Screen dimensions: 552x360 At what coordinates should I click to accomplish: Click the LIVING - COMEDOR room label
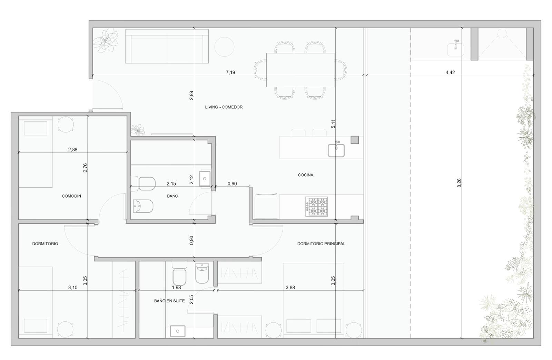(x=224, y=107)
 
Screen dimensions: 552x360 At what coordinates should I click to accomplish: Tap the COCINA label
(x=306, y=175)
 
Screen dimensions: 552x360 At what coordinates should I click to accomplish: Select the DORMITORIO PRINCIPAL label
(x=321, y=244)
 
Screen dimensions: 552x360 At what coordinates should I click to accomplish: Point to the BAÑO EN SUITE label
(x=169, y=301)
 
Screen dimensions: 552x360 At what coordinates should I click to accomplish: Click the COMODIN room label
(x=71, y=196)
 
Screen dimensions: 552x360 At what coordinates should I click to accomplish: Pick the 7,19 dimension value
(x=230, y=72)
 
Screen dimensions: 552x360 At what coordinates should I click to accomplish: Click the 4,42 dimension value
(x=450, y=72)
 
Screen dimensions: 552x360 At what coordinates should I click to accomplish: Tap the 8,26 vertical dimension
(x=459, y=183)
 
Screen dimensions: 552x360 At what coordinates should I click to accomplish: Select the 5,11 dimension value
(x=333, y=124)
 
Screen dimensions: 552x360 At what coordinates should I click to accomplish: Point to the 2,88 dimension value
(x=73, y=149)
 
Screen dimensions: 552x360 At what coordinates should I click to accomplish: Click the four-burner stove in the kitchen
(x=316, y=207)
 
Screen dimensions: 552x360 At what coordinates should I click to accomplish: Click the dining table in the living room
(x=300, y=70)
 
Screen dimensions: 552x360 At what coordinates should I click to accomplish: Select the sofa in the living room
(x=167, y=46)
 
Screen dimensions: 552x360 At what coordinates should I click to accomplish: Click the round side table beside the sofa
(x=224, y=47)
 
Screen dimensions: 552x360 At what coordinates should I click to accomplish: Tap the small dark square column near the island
(x=355, y=140)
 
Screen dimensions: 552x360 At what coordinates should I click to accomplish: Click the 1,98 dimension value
(x=176, y=288)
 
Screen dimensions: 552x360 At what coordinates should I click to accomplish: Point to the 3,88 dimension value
(x=290, y=288)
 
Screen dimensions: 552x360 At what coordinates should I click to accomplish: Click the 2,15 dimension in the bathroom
(x=171, y=184)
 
